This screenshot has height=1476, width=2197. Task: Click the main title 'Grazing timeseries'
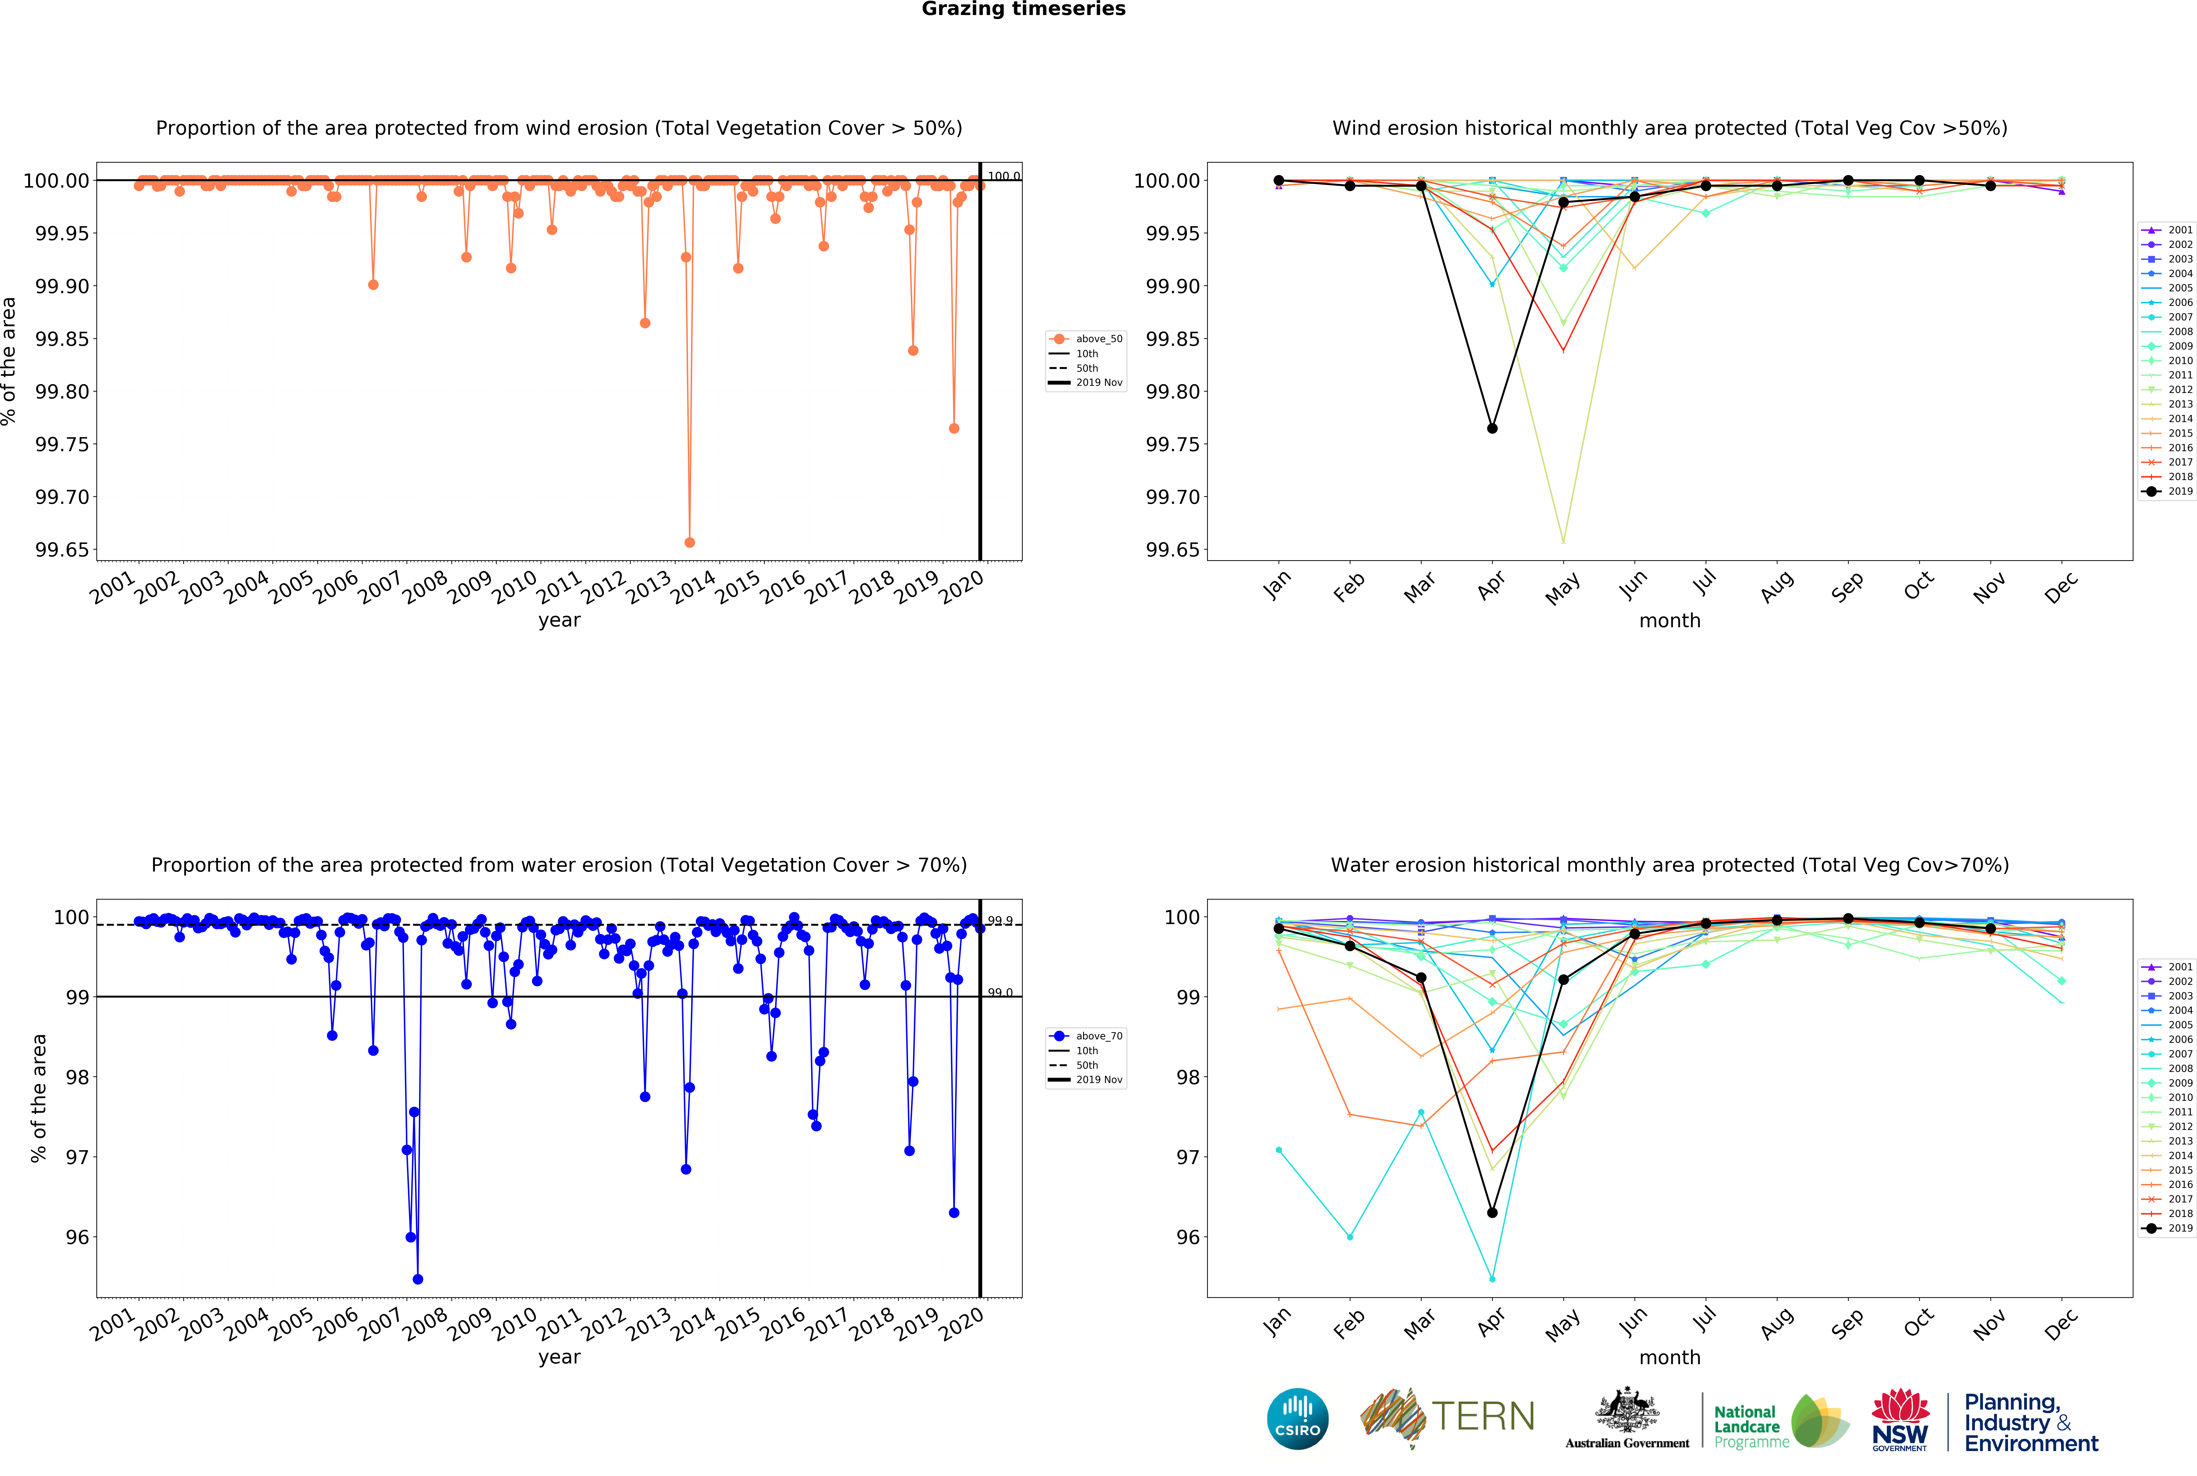coord(1023,9)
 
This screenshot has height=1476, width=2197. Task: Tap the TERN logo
coord(1447,1417)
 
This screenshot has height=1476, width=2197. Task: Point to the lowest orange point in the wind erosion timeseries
coord(689,542)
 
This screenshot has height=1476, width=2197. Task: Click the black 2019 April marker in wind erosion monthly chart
coord(1492,428)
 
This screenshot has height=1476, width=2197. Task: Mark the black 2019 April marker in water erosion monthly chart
coord(1492,1212)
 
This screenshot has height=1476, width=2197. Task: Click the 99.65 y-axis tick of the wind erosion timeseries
coord(62,550)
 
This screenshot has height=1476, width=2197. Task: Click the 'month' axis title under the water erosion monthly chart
coord(1670,1357)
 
